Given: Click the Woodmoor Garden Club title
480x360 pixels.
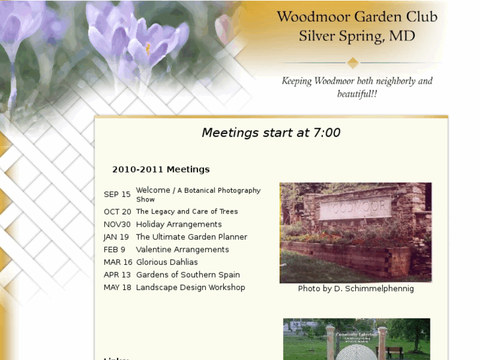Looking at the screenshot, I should click(x=357, y=17).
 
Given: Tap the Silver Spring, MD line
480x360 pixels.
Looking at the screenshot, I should click(x=357, y=36).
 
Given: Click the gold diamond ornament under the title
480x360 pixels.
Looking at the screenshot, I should click(x=353, y=63).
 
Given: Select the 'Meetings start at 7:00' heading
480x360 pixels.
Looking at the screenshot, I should click(x=271, y=133).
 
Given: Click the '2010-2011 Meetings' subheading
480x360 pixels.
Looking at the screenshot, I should click(x=161, y=170).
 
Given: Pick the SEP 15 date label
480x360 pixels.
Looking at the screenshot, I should click(x=117, y=195).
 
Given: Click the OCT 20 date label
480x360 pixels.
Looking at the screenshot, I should click(x=118, y=212).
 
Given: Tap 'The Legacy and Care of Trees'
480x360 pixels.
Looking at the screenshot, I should click(x=187, y=212).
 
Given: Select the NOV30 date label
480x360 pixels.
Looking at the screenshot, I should click(x=117, y=225).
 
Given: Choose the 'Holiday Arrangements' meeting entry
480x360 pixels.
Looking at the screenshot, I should click(x=179, y=225).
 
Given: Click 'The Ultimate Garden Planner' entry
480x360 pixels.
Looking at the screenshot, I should click(x=191, y=237).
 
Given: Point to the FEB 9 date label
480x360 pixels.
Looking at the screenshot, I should click(x=114, y=250).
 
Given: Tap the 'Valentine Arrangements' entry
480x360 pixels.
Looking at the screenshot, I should click(x=182, y=250).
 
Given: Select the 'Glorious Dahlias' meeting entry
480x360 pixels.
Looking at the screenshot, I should click(x=167, y=262).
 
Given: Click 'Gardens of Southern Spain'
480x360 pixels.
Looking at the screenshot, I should click(x=188, y=275).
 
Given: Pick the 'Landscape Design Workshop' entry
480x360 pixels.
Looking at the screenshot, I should click(x=190, y=287).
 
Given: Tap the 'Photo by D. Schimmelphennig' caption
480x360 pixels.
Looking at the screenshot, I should click(x=356, y=289).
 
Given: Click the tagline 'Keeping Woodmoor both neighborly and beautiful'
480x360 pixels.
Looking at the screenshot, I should click(x=357, y=87).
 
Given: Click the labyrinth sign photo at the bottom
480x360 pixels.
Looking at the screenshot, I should click(x=357, y=340).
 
